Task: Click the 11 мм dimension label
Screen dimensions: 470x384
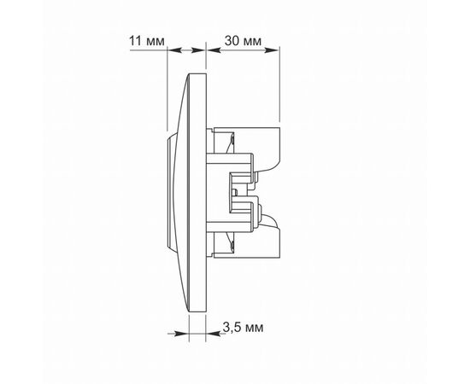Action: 147,41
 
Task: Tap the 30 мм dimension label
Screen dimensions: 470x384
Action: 243,41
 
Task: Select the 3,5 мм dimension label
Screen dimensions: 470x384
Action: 243,328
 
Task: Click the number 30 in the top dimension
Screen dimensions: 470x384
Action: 232,41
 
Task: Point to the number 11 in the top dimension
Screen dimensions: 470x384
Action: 135,41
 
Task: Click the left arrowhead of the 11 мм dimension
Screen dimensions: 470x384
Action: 174,50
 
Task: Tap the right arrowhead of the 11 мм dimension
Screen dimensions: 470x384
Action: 198,50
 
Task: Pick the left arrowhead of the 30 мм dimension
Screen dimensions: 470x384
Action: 214,50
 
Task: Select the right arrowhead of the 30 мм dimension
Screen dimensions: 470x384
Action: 272,50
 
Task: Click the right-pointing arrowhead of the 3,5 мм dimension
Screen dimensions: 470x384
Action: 182,334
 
